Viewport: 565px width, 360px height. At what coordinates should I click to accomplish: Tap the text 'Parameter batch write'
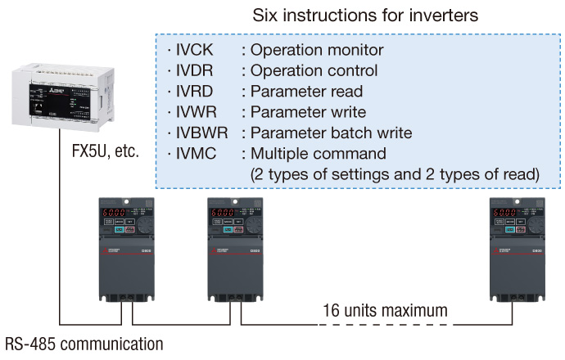331,132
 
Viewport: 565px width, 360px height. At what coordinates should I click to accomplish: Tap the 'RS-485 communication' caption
84,343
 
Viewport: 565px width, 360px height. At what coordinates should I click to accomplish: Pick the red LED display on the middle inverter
222,213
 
